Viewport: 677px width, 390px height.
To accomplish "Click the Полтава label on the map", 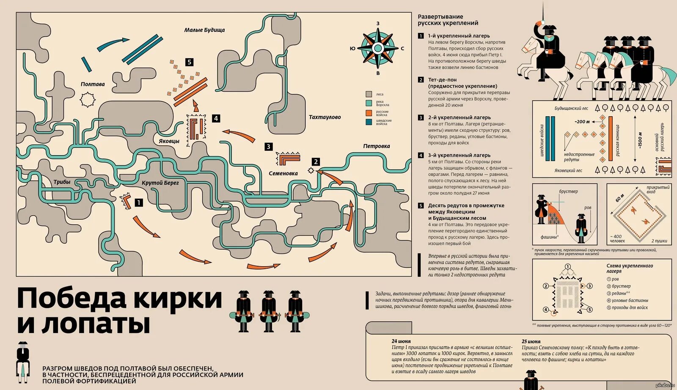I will (93, 84).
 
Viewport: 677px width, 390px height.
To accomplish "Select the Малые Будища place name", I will (204, 30).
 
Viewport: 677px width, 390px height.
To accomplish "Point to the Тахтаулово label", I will (325, 117).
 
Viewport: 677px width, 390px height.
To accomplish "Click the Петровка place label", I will (376, 146).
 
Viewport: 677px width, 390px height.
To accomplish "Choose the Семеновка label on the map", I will (283, 173).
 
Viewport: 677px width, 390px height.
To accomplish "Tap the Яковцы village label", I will (169, 141).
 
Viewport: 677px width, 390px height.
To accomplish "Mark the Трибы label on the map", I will (62, 182).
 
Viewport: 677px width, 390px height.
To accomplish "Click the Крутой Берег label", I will (160, 183).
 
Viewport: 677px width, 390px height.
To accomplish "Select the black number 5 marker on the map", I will (189, 62).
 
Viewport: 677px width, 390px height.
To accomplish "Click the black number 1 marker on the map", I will (138, 203).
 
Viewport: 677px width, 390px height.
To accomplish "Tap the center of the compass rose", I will (378, 48).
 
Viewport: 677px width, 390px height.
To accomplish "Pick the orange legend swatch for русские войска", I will (369, 113).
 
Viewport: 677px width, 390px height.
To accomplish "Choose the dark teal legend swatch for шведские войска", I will (369, 122).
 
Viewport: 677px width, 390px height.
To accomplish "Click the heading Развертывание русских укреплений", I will (448, 20).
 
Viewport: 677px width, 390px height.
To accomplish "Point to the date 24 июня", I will (401, 341).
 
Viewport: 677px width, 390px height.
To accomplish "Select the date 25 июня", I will (531, 341).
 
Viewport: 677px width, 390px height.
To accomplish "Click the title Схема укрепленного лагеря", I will (629, 268).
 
